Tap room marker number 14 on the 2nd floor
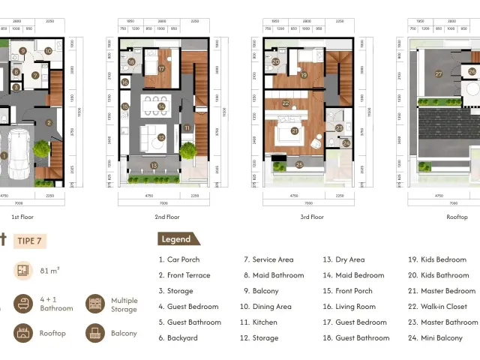click(x=161, y=106)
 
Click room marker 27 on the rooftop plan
click(x=439, y=73)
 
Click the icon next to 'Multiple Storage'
click(x=95, y=303)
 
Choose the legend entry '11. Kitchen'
click(x=258, y=322)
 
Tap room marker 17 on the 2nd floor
click(x=161, y=68)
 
